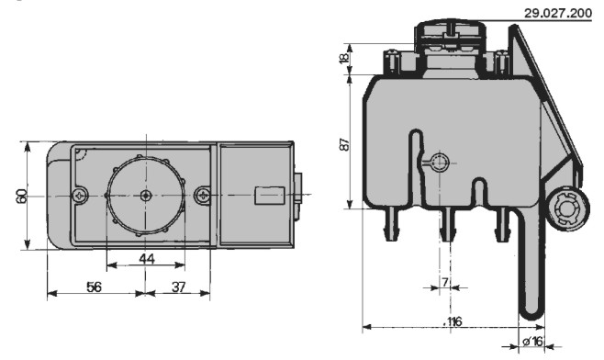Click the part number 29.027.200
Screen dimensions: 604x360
tap(558, 13)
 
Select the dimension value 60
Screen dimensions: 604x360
tap(22, 196)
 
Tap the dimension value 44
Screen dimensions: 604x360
tap(147, 259)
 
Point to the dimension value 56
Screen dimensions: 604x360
tap(95, 287)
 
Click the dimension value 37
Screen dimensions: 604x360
tap(178, 287)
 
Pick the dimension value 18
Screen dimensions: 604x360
tap(345, 57)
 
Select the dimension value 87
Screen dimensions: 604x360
tap(345, 144)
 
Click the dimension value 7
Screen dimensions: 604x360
tap(445, 282)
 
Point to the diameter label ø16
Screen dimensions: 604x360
tap(532, 341)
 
